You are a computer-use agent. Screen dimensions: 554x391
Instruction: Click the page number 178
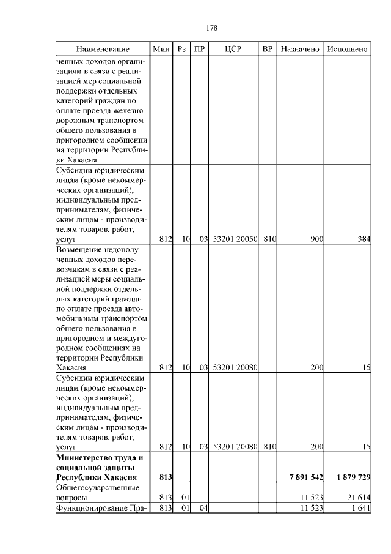[212, 28]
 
